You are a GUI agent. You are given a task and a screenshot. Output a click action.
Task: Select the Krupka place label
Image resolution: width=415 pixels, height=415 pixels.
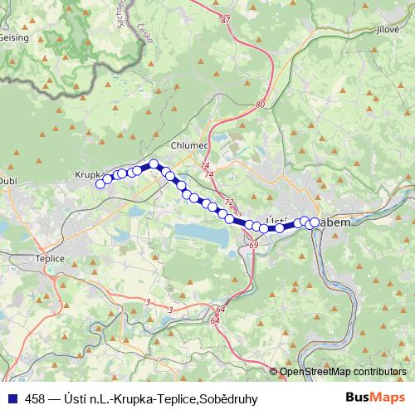pos(87,175)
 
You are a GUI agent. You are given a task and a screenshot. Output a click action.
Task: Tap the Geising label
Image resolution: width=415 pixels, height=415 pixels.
pos(15,37)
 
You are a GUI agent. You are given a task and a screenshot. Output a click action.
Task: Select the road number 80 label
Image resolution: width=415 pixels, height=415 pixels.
pos(261,105)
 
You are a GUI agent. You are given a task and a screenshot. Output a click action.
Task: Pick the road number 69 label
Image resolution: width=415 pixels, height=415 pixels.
pos(253,247)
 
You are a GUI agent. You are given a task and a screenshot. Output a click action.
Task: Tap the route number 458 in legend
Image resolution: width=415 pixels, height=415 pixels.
pos(36,399)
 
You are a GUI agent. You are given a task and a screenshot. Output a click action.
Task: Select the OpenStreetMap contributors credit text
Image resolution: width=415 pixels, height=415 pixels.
pos(342,372)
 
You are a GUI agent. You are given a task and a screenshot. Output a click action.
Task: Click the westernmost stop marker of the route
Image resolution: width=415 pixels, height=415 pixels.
pos(100,184)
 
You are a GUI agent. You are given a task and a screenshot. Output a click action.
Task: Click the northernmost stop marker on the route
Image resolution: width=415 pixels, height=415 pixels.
pos(154,164)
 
